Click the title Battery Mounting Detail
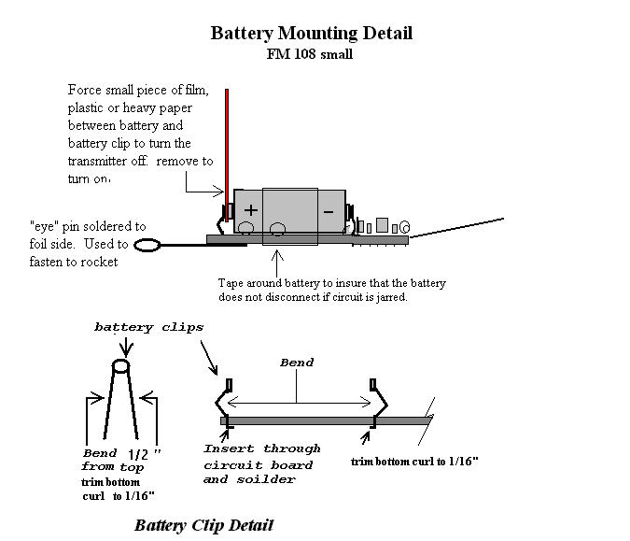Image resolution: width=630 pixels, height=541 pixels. tap(311, 33)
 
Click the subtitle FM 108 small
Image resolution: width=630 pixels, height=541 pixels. tap(310, 53)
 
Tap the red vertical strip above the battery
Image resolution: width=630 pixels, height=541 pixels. tap(226, 140)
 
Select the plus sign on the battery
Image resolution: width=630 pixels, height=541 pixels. tap(251, 210)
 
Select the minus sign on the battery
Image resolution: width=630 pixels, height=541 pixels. tap(328, 212)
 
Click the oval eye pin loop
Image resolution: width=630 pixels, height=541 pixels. tap(148, 248)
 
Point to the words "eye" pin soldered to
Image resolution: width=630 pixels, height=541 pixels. tap(88, 226)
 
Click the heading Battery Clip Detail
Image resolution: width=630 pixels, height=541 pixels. tap(203, 524)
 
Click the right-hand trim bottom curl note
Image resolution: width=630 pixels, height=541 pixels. tap(415, 462)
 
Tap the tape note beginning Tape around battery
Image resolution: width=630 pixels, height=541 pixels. tap(331, 289)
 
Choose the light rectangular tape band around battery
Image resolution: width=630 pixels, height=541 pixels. tap(290, 217)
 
